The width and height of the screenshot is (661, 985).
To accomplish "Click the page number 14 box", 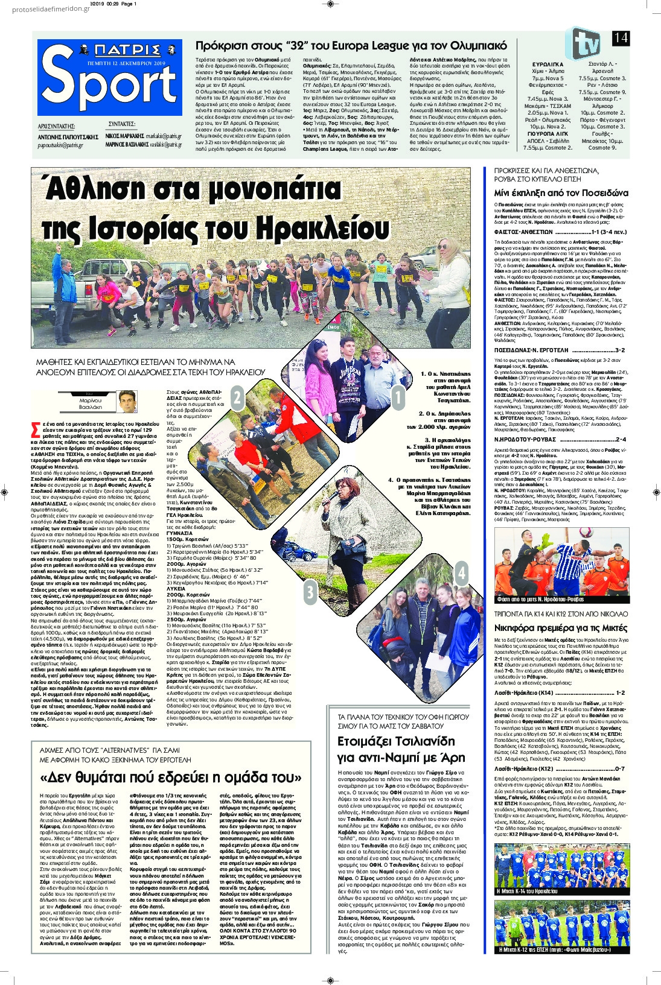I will tap(620, 38).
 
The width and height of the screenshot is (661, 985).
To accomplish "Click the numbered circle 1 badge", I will tap(398, 397).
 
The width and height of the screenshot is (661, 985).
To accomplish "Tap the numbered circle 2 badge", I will tap(237, 397).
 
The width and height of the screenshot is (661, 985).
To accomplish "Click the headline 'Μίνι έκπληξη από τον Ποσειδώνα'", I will tap(561, 193).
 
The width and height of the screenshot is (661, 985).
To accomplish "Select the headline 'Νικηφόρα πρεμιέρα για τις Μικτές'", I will tap(561, 628).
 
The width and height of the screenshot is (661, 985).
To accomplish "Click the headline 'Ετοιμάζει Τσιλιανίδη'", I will tap(396, 741).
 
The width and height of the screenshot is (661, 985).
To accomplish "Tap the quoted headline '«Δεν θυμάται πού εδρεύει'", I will tap(170, 777).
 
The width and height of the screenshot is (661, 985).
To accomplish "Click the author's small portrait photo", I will tap(127, 401).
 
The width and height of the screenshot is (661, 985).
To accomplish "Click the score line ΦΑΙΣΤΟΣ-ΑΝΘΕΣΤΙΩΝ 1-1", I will tap(561, 232).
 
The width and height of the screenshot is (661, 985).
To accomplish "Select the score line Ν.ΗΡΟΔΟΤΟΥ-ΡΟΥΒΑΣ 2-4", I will tap(560, 440).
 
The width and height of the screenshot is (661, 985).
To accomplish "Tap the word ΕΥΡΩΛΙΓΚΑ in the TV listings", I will tap(548, 64).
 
